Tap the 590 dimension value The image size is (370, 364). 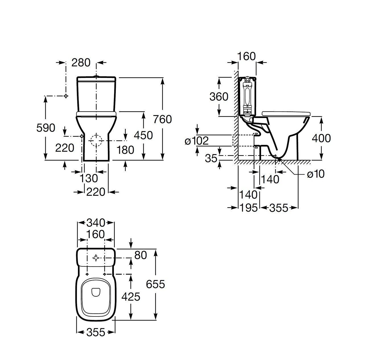pyautogui.click(x=46, y=128)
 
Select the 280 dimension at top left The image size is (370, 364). pyautogui.click(x=81, y=63)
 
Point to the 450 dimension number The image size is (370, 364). pyautogui.click(x=143, y=135)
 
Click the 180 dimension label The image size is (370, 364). pyautogui.click(x=125, y=150)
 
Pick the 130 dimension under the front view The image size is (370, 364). pyautogui.click(x=89, y=179)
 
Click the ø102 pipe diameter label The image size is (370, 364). pyautogui.click(x=197, y=140)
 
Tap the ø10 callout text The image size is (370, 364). pyautogui.click(x=315, y=174)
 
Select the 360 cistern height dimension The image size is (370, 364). pyautogui.click(x=219, y=97)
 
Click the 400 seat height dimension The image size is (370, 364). pyautogui.click(x=321, y=138)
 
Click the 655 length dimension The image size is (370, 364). pyautogui.click(x=155, y=284)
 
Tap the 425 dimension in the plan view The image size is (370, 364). pyautogui.click(x=131, y=297)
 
